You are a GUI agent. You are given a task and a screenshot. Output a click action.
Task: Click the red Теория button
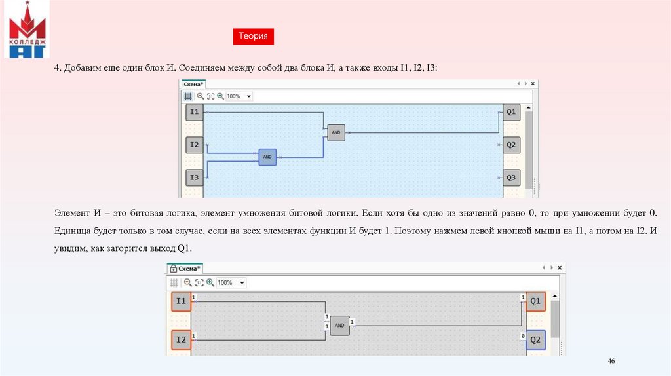click(x=253, y=37)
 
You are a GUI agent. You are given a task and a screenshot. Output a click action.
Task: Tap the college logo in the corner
click(x=27, y=30)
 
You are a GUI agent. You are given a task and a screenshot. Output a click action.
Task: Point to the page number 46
click(x=612, y=362)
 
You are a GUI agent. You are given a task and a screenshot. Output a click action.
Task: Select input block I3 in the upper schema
click(x=194, y=177)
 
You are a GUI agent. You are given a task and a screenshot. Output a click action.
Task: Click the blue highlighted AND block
click(x=267, y=157)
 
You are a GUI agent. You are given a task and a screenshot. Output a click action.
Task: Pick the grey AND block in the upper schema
click(x=336, y=132)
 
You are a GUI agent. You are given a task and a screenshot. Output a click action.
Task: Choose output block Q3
click(x=511, y=178)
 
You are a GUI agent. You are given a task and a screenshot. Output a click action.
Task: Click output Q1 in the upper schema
click(x=511, y=112)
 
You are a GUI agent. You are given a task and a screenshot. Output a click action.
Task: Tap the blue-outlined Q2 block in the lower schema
click(x=535, y=340)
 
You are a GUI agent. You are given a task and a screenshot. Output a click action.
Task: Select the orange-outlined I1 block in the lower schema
click(x=182, y=301)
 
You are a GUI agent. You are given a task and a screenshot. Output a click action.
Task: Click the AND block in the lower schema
click(x=339, y=325)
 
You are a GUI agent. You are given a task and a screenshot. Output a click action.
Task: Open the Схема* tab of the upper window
click(x=193, y=84)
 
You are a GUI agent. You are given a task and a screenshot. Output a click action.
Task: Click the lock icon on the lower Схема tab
click(x=173, y=268)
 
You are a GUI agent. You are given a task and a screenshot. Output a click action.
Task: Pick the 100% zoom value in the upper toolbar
click(x=234, y=96)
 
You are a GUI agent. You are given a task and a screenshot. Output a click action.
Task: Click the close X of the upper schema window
click(x=533, y=84)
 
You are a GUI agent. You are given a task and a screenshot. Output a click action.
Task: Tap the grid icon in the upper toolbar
click(x=188, y=96)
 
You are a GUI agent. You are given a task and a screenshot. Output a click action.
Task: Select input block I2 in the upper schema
click(x=194, y=144)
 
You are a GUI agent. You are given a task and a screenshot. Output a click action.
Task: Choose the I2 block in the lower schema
click(x=182, y=340)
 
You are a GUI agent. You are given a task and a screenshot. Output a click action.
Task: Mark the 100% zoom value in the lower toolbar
click(x=225, y=282)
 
